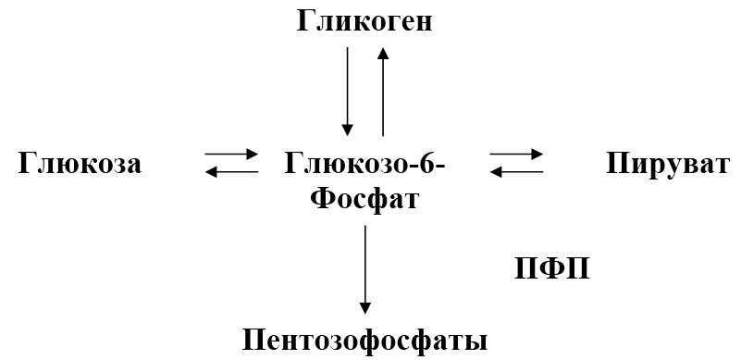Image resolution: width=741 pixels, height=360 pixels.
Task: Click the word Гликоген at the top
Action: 364,22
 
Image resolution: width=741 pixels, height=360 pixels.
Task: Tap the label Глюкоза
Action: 80,164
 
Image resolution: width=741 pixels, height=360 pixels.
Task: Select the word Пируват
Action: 668,164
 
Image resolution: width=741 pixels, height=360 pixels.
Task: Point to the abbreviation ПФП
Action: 551,269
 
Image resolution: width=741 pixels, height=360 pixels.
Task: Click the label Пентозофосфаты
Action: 364,341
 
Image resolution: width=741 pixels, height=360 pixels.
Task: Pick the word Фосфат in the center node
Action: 365,199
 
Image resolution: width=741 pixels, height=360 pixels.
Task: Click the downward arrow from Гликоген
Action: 347,92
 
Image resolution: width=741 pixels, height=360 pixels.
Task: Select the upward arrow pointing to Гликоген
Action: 383,92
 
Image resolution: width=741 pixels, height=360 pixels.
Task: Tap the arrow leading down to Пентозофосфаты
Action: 364,269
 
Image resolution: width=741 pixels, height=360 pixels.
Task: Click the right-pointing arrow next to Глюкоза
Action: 231,154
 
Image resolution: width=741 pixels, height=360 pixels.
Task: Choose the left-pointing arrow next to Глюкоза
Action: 231,172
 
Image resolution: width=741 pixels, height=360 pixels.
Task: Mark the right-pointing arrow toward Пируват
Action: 516,154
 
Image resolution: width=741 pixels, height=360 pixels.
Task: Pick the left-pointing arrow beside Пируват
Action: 516,172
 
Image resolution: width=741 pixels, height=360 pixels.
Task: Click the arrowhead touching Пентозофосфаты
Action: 364,308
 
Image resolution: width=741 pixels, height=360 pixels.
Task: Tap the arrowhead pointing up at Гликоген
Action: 383,53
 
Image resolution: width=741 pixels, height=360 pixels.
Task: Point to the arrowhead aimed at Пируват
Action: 537,154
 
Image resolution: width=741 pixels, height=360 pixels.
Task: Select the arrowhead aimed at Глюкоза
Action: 211,172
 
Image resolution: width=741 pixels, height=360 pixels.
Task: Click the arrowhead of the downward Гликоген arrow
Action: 347,130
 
